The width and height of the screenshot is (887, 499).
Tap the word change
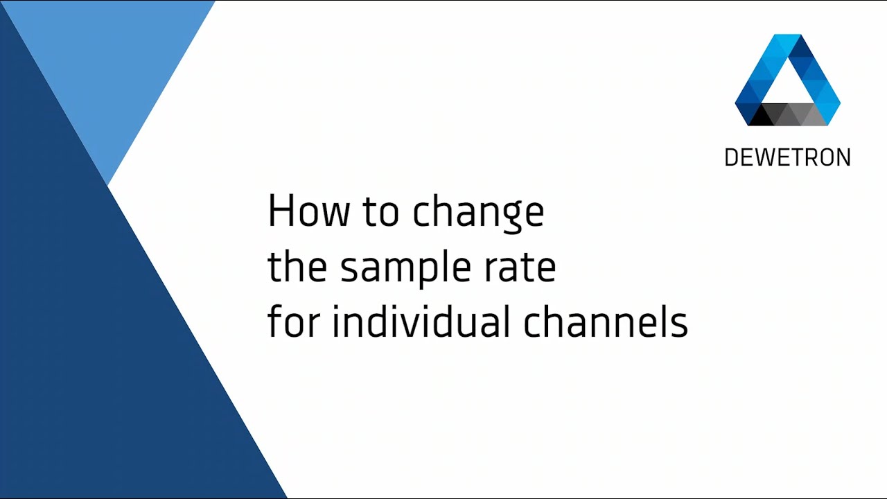[x=478, y=213]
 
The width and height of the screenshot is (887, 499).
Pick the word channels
[x=605, y=322]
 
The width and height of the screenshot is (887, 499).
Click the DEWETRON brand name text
[x=787, y=158]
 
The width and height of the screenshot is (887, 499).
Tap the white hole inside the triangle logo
[x=788, y=87]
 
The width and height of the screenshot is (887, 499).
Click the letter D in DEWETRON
[x=730, y=158]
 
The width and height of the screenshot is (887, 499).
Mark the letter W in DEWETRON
[x=763, y=158]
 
